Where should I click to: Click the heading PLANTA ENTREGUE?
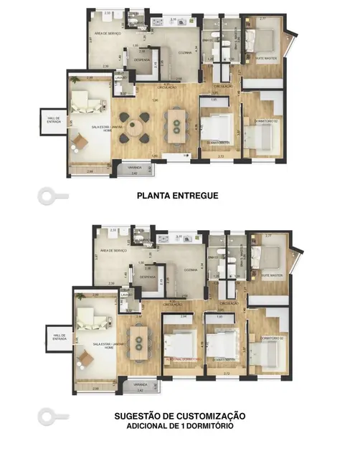pyautogui.click(x=176, y=194)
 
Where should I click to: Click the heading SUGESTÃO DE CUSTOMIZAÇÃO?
pyautogui.click(x=179, y=416)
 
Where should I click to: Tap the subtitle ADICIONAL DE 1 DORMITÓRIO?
pyautogui.click(x=179, y=426)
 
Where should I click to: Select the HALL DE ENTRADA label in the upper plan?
pyautogui.click(x=53, y=120)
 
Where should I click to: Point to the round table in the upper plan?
pyautogui.click(x=131, y=128)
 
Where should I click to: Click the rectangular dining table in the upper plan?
pyautogui.click(x=174, y=126)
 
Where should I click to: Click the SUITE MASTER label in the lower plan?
pyautogui.click(x=270, y=275)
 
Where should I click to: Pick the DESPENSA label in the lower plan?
pyautogui.click(x=147, y=276)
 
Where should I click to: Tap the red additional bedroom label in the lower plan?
pyautogui.click(x=180, y=359)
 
